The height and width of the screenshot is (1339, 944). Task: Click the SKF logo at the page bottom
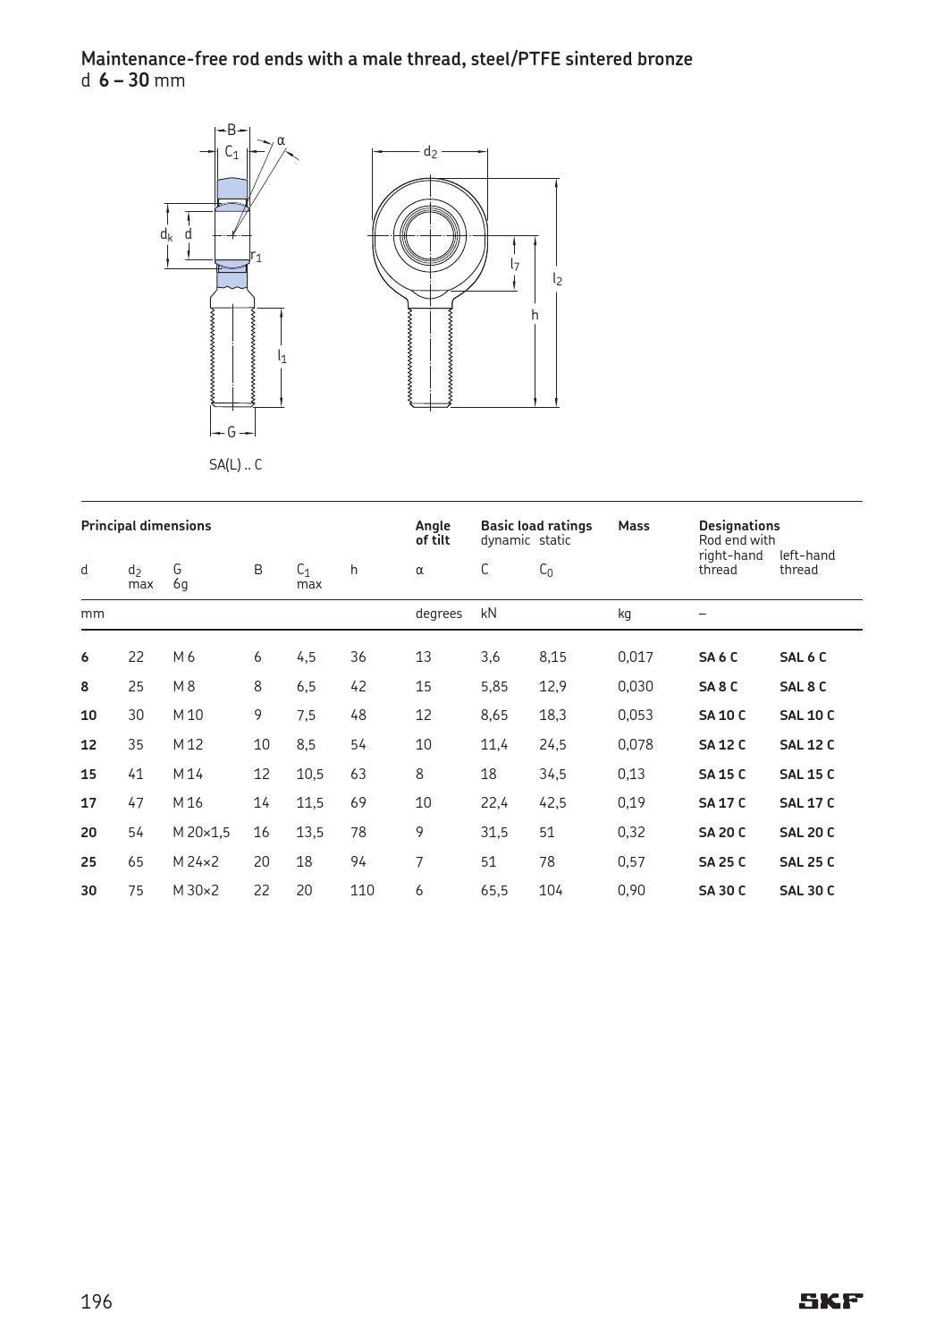click(x=830, y=1301)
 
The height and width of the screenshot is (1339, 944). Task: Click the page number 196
click(x=97, y=1301)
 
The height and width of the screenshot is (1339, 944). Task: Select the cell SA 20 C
click(x=721, y=833)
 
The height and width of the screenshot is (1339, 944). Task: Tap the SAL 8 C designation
click(x=802, y=687)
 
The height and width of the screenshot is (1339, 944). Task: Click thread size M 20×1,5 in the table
click(x=201, y=833)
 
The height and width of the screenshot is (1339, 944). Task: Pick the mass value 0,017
click(x=635, y=657)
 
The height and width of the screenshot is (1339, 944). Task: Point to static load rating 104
click(x=551, y=891)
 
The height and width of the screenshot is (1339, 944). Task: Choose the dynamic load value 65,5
click(x=493, y=891)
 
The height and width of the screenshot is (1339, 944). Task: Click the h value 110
click(x=362, y=891)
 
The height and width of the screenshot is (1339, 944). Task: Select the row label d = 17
click(x=88, y=803)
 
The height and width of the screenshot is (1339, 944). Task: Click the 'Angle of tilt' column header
click(x=433, y=533)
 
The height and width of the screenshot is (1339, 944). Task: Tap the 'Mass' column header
click(x=633, y=526)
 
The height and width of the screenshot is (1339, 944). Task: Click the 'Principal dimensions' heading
click(x=146, y=526)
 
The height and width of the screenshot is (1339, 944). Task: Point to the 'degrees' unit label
click(x=438, y=614)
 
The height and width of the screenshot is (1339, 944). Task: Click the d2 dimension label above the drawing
click(x=430, y=152)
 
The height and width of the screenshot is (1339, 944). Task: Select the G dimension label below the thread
click(x=232, y=433)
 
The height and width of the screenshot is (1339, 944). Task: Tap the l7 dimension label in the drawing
click(x=515, y=265)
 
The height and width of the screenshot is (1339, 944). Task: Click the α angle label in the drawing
click(x=281, y=140)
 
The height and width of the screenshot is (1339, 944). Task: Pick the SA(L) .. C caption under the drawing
click(x=235, y=465)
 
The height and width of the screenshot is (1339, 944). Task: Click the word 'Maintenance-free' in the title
click(x=141, y=59)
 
